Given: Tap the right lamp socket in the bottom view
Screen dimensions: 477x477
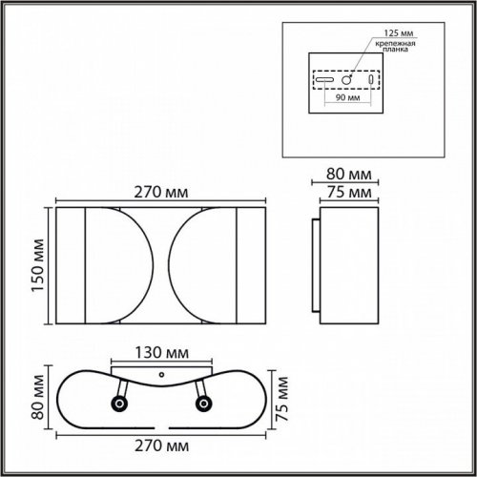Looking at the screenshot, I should pyautogui.click(x=201, y=405).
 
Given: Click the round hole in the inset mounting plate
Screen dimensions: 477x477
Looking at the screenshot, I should pyautogui.click(x=350, y=79).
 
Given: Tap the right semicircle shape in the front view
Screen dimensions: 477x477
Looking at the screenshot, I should pyautogui.click(x=201, y=264).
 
